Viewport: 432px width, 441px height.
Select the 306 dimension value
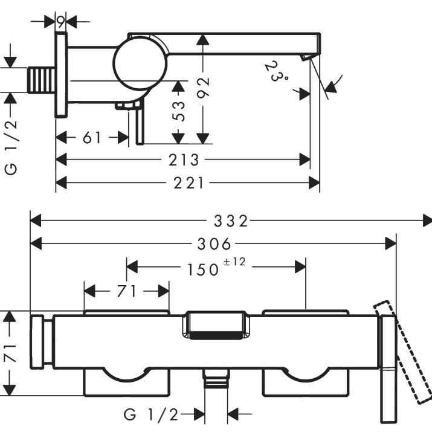coord(214,244)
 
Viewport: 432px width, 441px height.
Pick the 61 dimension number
coord(92,138)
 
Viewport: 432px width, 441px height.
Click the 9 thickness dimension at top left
coord(61,22)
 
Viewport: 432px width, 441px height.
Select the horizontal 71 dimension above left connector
coord(126,291)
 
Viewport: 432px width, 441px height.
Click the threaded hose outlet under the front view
coord(216,380)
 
